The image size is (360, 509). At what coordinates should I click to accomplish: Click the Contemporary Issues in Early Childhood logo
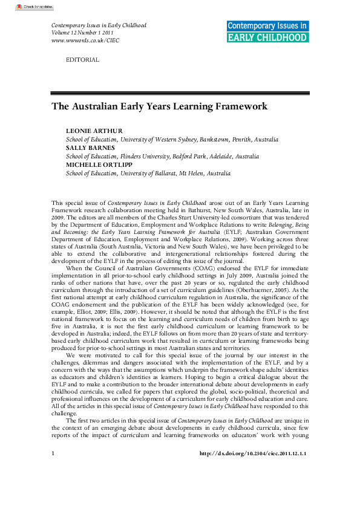267,31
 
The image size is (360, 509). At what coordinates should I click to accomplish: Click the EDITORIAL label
82,60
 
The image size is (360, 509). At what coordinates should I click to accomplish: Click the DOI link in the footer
253,487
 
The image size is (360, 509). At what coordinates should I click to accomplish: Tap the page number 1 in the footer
53,487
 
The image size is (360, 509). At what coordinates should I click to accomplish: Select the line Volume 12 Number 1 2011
83,33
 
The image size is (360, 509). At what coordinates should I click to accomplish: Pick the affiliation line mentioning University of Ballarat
148,173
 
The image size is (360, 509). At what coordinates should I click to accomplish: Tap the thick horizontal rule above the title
180,92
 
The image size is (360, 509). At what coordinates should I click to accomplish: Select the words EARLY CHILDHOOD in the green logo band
267,37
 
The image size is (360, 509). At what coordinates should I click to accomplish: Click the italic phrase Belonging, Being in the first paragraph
289,233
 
